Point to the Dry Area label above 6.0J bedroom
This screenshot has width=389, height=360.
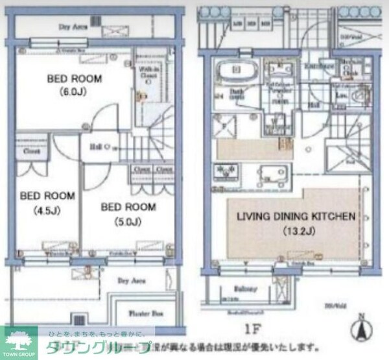pos(74,28)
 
